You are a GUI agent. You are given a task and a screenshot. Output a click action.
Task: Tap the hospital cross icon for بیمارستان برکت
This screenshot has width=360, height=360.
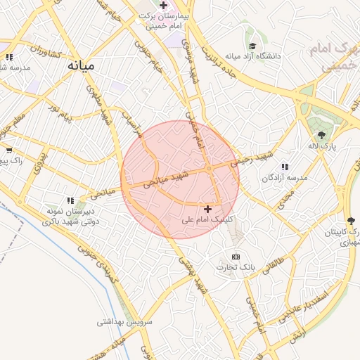(x=163, y=6)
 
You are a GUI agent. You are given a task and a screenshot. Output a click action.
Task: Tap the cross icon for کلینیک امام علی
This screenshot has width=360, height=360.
(x=207, y=209)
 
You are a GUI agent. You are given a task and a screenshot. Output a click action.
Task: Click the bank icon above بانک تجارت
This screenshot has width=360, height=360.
(x=236, y=257)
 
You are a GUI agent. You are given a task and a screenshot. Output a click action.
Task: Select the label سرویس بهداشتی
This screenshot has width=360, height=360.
(x=124, y=321)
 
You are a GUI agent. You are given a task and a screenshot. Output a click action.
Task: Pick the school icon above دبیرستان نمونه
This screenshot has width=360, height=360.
(x=70, y=200)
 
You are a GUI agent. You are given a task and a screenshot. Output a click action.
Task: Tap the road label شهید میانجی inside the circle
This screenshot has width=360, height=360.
(x=167, y=179)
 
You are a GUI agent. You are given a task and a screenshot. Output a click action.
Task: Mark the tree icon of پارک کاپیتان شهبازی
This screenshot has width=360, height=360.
(x=350, y=220)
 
